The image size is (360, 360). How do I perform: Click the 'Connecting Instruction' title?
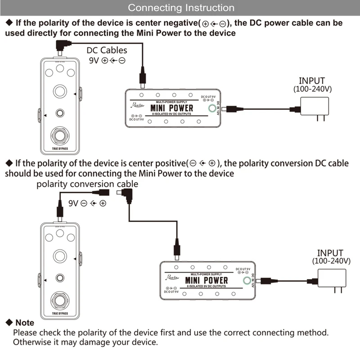181,8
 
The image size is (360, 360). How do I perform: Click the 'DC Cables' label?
107,50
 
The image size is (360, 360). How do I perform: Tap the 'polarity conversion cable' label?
87,184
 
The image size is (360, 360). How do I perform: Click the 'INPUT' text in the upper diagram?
312,81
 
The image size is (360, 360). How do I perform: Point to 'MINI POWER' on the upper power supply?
171,108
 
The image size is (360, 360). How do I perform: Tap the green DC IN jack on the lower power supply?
247,281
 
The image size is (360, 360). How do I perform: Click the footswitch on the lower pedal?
59,299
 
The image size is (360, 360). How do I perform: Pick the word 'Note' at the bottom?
24,323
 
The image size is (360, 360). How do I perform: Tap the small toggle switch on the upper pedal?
59,113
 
